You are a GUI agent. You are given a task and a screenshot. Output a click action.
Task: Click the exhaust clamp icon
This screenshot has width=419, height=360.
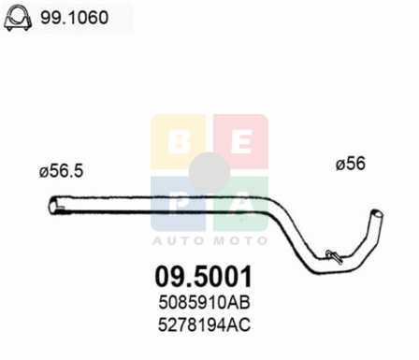[x=18, y=18]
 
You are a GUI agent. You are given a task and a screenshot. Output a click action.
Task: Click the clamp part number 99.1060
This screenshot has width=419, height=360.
[x=75, y=18]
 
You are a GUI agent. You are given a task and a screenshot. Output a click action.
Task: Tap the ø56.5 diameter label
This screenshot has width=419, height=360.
[x=61, y=171]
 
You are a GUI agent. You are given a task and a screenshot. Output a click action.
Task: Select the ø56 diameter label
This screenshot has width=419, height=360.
[x=351, y=164]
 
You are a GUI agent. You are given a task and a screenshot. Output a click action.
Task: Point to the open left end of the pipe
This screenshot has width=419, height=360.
[x=53, y=206]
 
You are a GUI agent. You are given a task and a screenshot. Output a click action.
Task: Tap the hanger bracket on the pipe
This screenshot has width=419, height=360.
[x=334, y=256]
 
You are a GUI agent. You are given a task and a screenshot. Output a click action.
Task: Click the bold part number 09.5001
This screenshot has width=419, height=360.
[x=204, y=277]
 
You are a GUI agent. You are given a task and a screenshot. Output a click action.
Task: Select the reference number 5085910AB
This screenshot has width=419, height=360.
[x=204, y=302]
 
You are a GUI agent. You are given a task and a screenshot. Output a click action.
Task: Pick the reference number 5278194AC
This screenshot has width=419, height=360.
[x=204, y=324]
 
